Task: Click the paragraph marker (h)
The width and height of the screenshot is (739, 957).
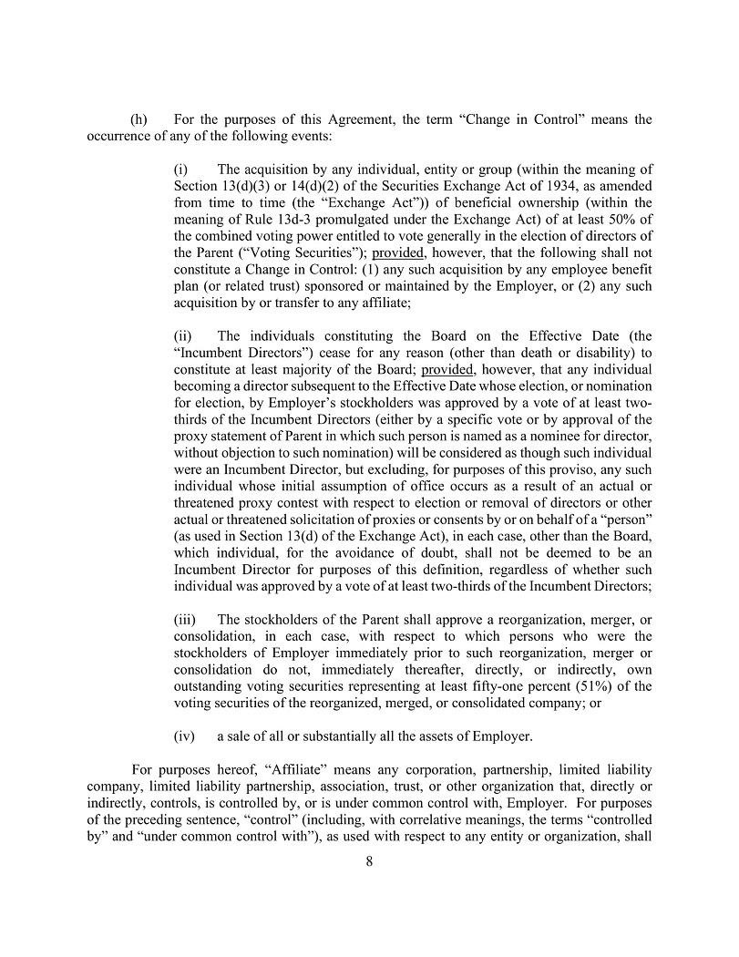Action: point(139,119)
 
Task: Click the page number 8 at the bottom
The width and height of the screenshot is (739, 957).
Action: point(369,862)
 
